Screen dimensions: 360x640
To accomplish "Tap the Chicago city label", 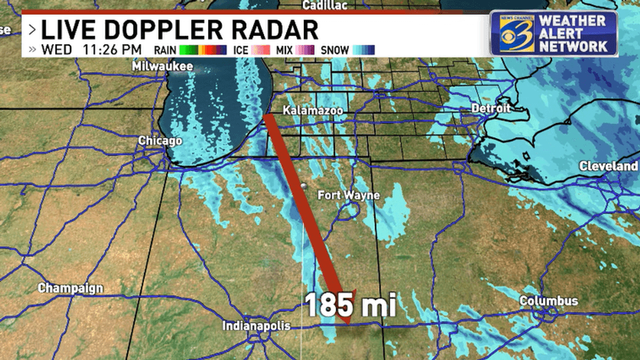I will (160, 140).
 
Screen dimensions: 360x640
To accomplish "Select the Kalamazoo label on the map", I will (313, 111).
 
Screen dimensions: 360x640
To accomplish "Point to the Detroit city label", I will (491, 108).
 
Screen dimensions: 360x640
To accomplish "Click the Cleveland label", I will (608, 166).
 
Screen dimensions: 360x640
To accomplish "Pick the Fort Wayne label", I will (349, 195).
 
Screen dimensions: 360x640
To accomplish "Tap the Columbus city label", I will (548, 301).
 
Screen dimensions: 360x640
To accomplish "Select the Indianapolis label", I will (256, 325).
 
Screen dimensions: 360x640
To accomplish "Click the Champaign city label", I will (71, 287).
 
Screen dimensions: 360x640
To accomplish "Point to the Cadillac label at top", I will (325, 5).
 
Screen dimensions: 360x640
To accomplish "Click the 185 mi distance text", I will (351, 305).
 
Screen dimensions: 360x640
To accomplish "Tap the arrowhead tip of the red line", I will (347, 321).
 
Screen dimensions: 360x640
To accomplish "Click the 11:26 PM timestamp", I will (114, 49).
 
